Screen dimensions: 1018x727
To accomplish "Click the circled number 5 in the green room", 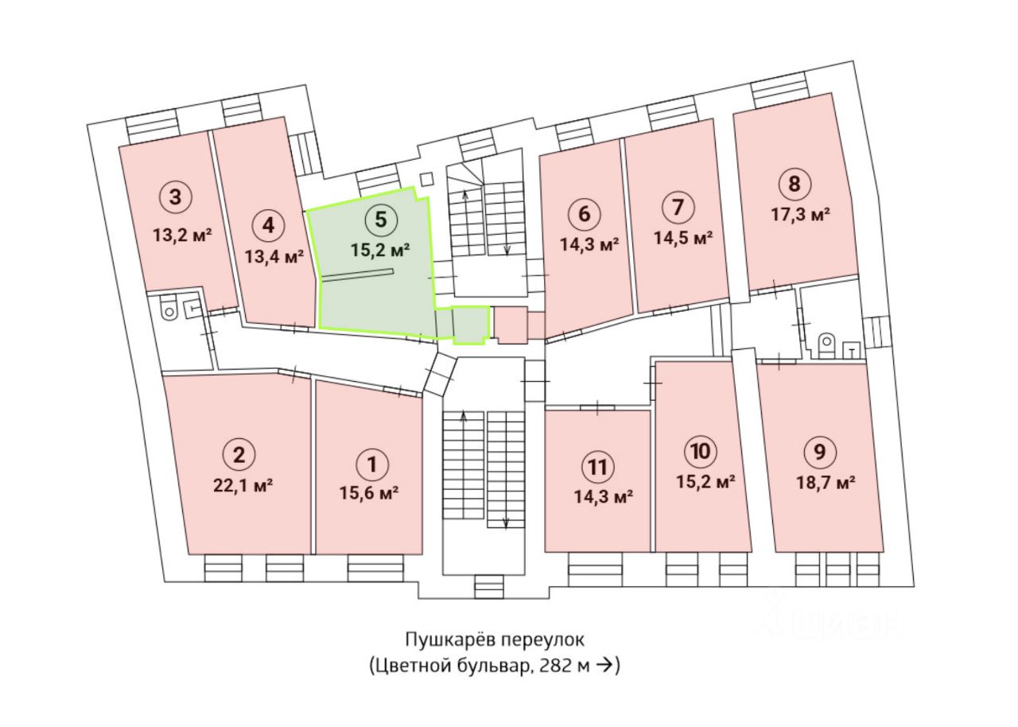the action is pyautogui.click(x=380, y=219).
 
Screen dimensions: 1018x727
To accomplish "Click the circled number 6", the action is pyautogui.click(x=584, y=214).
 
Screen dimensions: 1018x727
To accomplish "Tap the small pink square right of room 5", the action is pyautogui.click(x=510, y=325).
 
